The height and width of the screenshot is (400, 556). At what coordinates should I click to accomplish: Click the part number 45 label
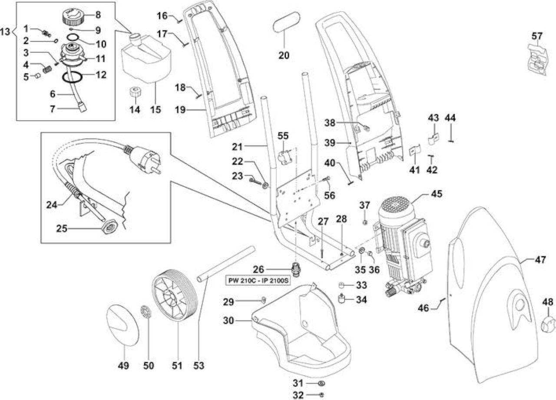[x=437, y=194]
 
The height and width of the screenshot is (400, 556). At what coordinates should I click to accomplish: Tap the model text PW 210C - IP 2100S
[x=258, y=281]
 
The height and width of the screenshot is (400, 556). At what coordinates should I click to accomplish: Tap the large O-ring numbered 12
[x=73, y=77]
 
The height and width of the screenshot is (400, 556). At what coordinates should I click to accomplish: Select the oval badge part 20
[x=286, y=25]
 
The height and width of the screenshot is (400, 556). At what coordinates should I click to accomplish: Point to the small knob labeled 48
[x=548, y=325]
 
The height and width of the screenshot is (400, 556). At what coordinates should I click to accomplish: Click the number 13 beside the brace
[x=5, y=32]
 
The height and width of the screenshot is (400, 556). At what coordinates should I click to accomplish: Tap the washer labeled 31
[x=321, y=383]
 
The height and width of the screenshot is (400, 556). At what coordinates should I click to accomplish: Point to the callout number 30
[x=228, y=321]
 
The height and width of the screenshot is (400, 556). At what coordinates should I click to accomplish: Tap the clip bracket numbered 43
[x=434, y=139]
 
